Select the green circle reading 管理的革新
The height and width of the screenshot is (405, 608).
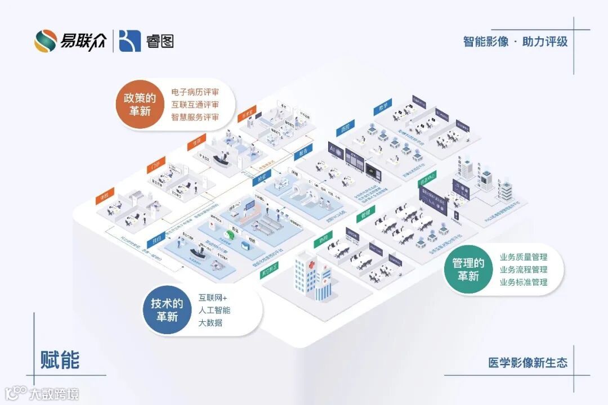(468, 269)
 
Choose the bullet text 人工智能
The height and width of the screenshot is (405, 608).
(214, 310)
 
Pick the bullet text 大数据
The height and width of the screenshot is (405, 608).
(210, 323)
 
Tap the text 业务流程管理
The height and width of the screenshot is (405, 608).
(523, 269)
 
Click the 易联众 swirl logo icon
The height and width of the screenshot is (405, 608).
(45, 40)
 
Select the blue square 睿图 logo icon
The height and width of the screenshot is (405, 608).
(129, 40)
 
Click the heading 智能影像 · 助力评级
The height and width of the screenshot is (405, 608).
(515, 42)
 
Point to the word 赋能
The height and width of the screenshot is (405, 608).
(60, 360)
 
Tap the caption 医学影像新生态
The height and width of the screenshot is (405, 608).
(528, 363)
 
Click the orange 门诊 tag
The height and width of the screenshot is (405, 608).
(154, 166)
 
